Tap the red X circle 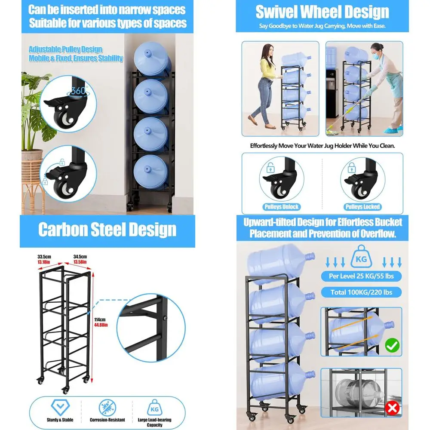(x=392, y=408)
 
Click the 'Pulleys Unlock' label (x=282, y=207)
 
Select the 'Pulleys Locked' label (x=362, y=207)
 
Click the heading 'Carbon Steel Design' (x=107, y=230)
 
